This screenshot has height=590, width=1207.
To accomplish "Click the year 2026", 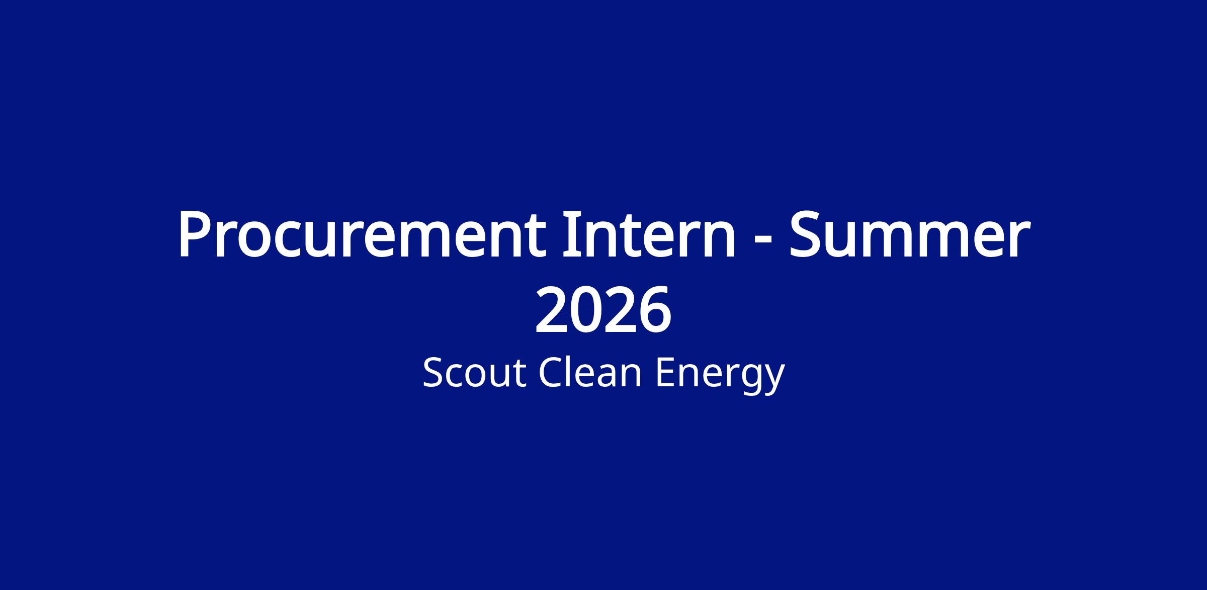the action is point(603,309).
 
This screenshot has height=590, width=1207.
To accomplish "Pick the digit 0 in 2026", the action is point(587,309).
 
